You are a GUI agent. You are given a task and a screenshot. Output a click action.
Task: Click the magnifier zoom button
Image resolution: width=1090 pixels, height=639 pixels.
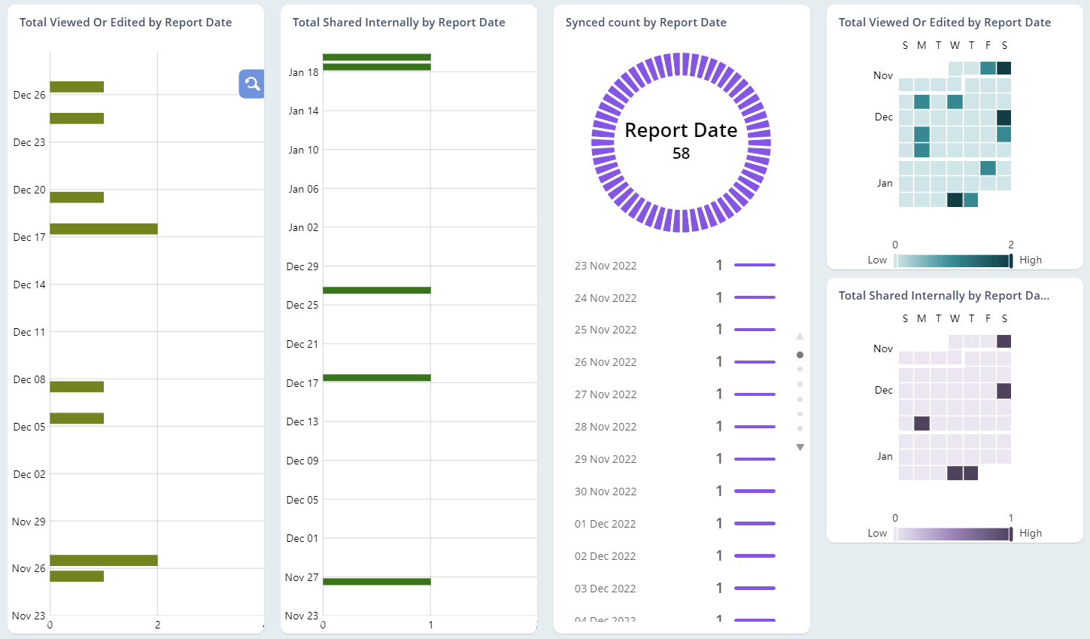(252, 84)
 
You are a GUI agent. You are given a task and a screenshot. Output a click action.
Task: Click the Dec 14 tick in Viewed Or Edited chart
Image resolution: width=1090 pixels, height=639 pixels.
(29, 285)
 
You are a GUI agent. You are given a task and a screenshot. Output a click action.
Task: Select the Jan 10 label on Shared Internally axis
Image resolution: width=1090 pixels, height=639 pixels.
(303, 150)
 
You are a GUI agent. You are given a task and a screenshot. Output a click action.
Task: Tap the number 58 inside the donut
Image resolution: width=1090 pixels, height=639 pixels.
(681, 154)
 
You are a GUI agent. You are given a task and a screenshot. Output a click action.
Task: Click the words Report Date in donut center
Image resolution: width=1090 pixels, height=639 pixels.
(681, 130)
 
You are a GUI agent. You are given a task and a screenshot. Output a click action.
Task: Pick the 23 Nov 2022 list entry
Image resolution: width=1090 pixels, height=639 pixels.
(606, 266)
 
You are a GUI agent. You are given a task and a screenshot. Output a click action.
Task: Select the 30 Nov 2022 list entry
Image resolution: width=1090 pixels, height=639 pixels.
(606, 491)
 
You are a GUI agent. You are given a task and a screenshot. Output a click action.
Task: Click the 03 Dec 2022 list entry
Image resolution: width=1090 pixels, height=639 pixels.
(606, 589)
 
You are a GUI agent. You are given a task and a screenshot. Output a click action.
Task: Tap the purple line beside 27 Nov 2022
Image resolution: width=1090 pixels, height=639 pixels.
(754, 394)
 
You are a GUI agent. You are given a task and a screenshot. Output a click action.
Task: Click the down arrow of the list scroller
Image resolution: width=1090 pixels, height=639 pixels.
(800, 448)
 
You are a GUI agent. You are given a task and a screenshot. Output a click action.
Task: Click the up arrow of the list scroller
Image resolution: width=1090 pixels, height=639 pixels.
(800, 336)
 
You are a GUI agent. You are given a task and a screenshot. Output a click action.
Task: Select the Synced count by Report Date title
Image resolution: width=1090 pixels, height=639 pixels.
(645, 23)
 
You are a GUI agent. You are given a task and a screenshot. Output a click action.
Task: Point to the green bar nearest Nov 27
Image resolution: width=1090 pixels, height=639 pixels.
(376, 581)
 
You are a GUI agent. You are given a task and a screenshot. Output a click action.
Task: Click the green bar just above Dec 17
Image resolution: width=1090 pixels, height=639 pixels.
(376, 378)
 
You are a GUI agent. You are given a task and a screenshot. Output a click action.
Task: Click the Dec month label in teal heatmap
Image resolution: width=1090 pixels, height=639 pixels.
(883, 117)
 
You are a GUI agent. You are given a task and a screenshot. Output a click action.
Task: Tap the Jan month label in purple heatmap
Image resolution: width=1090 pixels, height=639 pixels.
(884, 456)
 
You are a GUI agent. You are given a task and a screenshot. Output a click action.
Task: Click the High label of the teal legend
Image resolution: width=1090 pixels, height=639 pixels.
(1031, 260)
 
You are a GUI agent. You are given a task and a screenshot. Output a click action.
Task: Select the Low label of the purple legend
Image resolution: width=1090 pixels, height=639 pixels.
(877, 533)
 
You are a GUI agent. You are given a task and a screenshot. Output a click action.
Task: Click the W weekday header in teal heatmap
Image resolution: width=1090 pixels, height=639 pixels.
(955, 45)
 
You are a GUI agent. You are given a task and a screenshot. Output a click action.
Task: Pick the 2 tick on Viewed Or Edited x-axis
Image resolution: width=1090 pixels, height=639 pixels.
(157, 625)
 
